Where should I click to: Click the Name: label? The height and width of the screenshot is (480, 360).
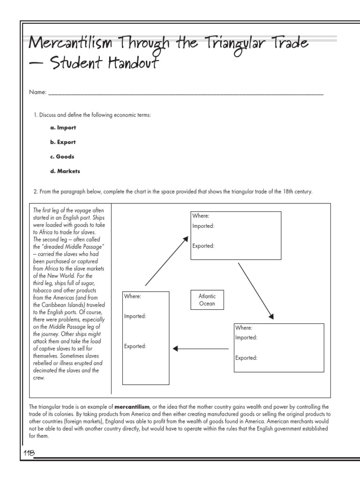(37, 93)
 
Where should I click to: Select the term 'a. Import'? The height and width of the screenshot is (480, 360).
(63, 127)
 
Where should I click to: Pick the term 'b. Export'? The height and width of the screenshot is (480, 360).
(63, 142)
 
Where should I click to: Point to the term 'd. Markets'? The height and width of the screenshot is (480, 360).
(65, 171)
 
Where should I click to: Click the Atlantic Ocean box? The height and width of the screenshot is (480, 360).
(207, 300)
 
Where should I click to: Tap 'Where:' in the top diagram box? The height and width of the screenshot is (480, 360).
(201, 216)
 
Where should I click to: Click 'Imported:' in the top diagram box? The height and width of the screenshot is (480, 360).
(203, 226)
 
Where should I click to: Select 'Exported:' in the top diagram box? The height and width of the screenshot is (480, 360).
(203, 246)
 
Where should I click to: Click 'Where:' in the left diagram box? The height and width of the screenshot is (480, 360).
(132, 296)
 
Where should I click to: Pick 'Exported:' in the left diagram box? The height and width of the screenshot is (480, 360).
(135, 346)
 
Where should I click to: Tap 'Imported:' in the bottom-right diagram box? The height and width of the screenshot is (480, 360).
(246, 337)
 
